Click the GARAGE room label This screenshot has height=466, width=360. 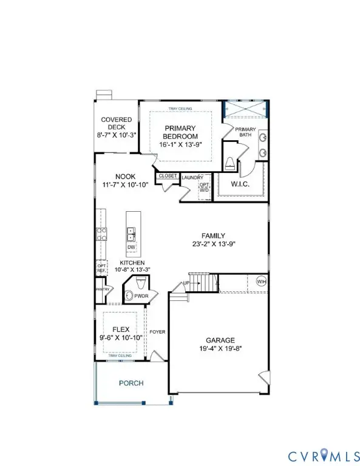(x=211, y=340)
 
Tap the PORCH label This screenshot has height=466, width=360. (x=131, y=383)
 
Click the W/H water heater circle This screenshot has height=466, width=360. (x=261, y=282)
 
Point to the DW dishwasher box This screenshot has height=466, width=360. (x=132, y=248)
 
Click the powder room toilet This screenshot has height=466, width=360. (x=138, y=283)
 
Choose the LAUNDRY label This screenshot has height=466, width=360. (x=192, y=177)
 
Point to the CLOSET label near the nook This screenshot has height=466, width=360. (x=167, y=176)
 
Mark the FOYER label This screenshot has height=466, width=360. (x=157, y=332)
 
